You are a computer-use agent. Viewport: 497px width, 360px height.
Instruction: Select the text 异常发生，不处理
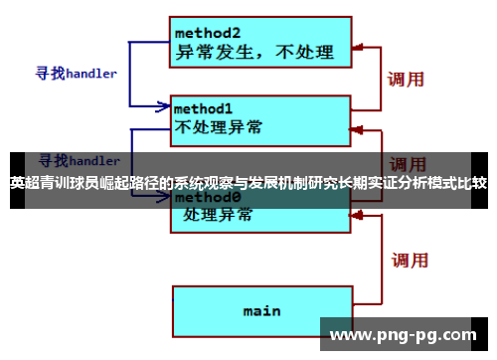tap(255, 51)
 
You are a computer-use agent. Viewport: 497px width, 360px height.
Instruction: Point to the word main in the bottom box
tap(261, 310)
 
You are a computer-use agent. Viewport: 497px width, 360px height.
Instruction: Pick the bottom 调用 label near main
tap(408, 261)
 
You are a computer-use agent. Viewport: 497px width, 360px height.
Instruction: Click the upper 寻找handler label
tap(77, 73)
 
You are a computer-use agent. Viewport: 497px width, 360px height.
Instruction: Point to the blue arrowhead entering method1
tap(165, 104)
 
